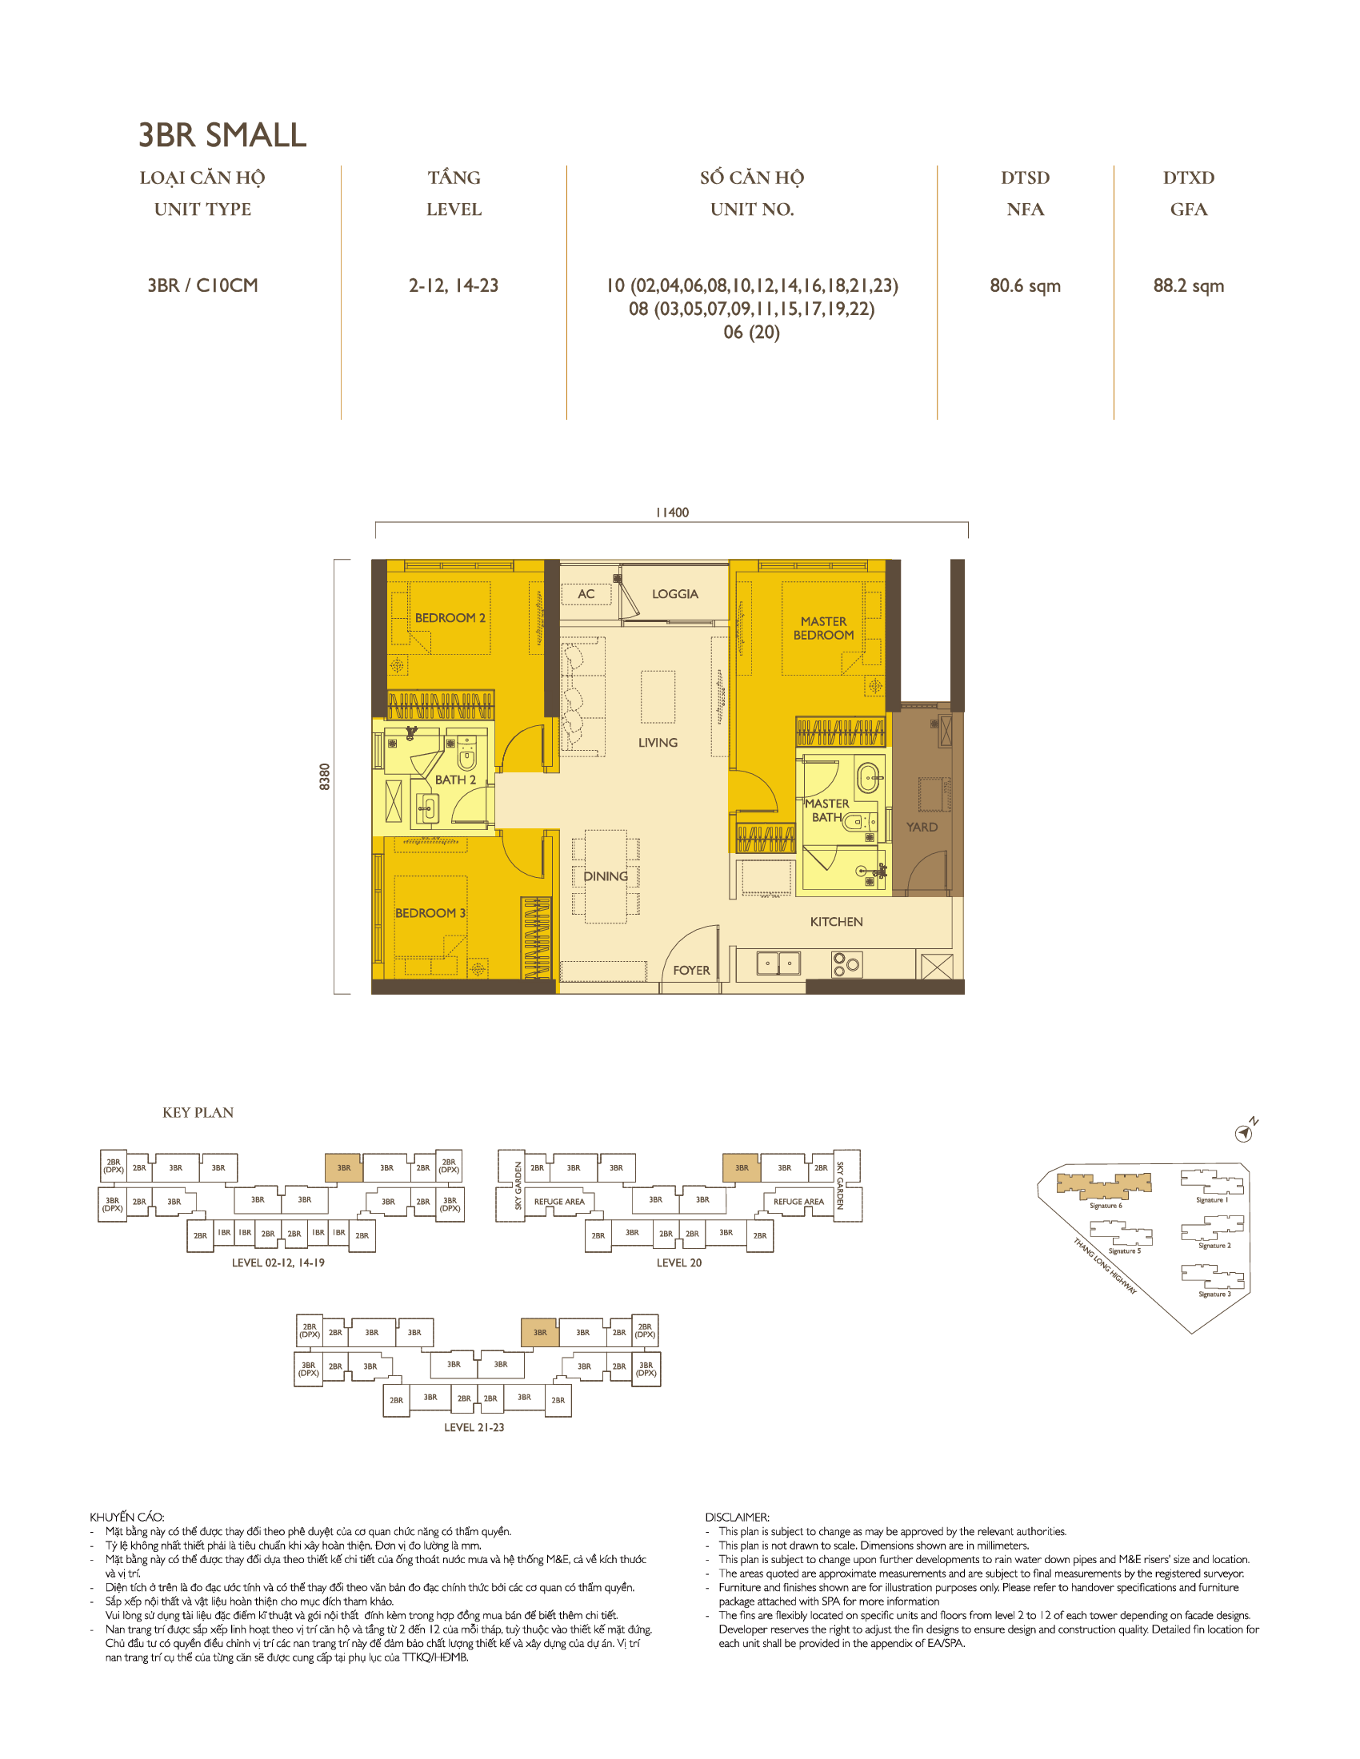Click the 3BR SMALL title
(222, 134)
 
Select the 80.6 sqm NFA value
(1024, 286)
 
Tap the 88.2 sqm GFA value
(1187, 286)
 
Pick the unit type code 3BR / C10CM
(202, 286)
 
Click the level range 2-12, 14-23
(453, 286)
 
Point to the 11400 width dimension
(671, 513)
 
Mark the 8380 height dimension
(325, 776)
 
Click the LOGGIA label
(674, 593)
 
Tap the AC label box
(586, 593)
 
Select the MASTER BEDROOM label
(822, 628)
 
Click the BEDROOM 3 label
(430, 912)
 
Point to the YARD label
(921, 828)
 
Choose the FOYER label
(691, 971)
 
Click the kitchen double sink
(778, 963)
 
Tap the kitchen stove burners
(846, 963)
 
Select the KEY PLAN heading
(198, 1112)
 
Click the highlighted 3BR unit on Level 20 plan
(741, 1167)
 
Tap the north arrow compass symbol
(1244, 1133)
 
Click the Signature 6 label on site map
(1105, 1206)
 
